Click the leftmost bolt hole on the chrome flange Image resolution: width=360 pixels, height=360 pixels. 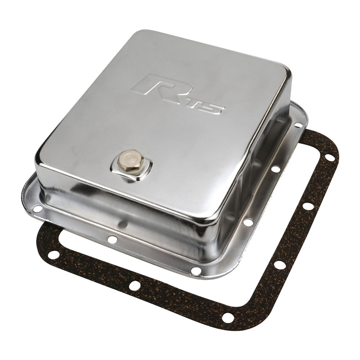tap(38, 209)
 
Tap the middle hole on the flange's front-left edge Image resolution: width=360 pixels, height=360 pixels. tap(112, 239)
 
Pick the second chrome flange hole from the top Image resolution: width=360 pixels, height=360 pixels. tap(276, 169)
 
